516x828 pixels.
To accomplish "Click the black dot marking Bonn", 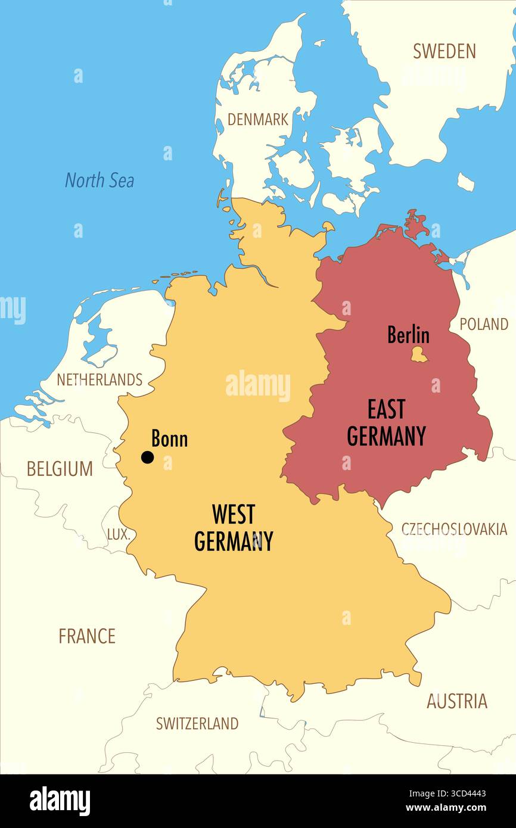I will point(147,457).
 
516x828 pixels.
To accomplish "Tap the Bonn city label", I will point(169,440).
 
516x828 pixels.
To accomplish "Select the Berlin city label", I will point(408,335).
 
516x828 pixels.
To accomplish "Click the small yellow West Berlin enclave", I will point(419,354).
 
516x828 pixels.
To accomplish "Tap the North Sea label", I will point(100,180).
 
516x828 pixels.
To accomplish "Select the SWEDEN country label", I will point(444,51).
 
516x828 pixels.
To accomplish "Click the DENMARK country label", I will point(257,119).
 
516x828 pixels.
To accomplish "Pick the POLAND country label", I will point(483,324).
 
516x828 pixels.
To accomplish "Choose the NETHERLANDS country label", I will point(100,379).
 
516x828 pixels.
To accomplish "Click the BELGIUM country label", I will point(60,469).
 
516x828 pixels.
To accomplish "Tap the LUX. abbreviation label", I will point(118,534).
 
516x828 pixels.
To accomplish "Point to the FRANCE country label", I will point(86,636).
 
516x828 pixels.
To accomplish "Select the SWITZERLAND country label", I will point(197,723).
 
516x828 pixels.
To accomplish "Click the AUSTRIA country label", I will point(456,701).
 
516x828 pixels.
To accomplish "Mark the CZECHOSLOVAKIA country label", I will point(454,529).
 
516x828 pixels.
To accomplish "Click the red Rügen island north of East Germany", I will point(415,223).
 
